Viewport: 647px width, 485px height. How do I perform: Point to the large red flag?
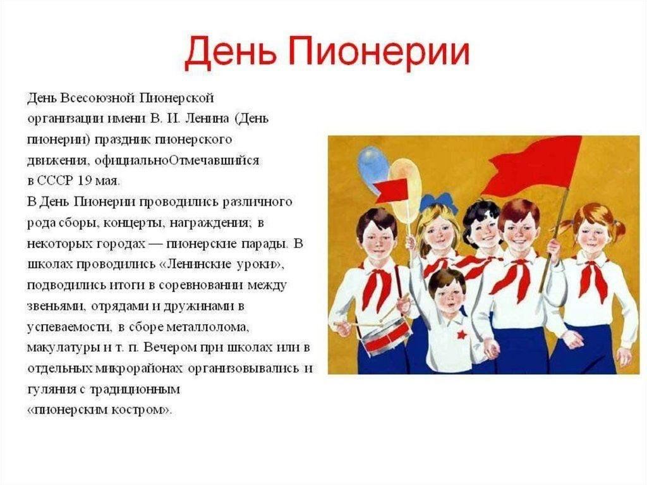click(532, 165)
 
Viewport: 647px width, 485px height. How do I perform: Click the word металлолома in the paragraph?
click(208, 327)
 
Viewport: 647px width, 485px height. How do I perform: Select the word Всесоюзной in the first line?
click(98, 98)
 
